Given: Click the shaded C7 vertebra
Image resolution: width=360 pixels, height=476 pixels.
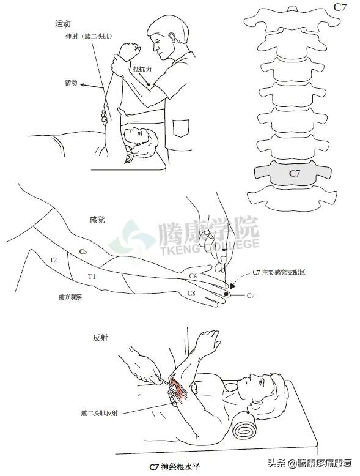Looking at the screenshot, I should [295, 173].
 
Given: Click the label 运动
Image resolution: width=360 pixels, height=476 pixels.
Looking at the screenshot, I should [63, 24].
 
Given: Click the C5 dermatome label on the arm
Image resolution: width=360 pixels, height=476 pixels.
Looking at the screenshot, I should [83, 251].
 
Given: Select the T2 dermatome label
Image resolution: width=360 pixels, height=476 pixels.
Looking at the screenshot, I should [53, 260].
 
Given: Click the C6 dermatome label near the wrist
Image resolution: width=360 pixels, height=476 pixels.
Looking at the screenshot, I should [192, 277].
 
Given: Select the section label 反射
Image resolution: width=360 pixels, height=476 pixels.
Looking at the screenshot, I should [100, 338].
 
